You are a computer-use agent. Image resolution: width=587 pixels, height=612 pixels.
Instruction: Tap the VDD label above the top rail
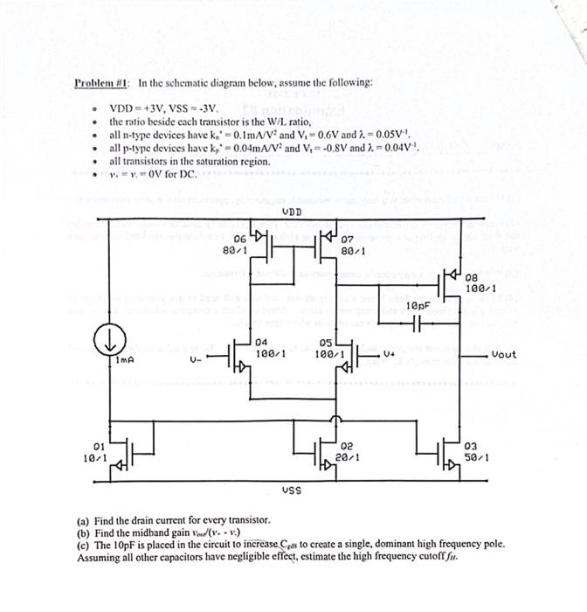[293, 212]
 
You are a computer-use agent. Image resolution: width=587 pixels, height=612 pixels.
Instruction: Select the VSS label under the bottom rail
[293, 490]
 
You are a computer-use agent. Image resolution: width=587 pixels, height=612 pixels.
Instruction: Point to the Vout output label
[504, 355]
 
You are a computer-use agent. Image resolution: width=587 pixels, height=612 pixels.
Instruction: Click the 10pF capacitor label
[419, 304]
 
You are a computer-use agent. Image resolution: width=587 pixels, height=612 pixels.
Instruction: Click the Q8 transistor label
[473, 277]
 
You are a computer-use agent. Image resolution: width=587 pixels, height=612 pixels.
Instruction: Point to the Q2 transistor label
[347, 445]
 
